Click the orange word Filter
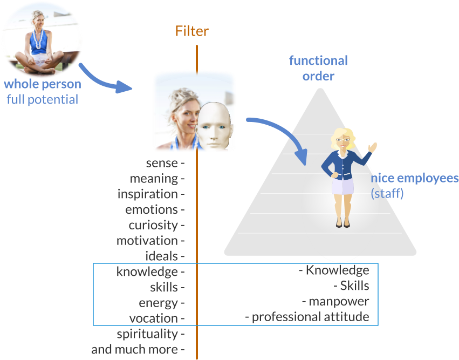pos(191,31)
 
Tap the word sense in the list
pos(162,163)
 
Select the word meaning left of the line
pos(154,179)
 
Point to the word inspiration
pos(148,194)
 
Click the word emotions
pos(152,209)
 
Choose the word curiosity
pos(153,225)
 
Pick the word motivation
pos(147,241)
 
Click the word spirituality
pos(147,334)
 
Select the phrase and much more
pos(134,349)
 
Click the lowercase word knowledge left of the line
pos(147,272)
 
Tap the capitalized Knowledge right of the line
pos(337,270)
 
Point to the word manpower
pos(339,301)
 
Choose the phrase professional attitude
pos(310,317)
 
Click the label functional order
pos(318,68)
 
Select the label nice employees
pos(414,179)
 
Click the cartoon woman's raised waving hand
pos(372,147)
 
